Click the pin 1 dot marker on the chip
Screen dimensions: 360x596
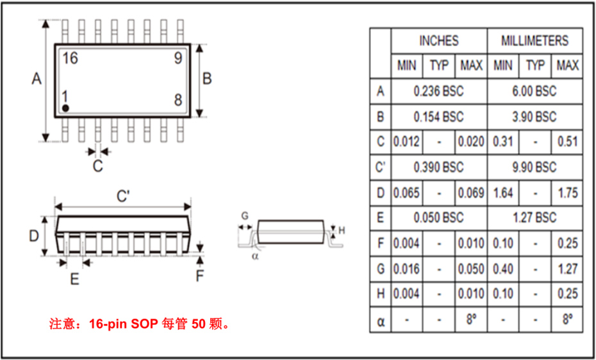[65, 108]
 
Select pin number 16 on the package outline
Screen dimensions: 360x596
[70, 58]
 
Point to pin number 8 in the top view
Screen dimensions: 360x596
[178, 100]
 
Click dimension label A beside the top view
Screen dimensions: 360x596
[37, 79]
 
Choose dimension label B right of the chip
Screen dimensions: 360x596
[207, 79]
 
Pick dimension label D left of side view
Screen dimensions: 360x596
[34, 236]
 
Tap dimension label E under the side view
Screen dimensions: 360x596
[74, 279]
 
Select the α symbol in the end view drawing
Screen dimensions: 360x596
[254, 256]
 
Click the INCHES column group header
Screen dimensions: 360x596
[438, 41]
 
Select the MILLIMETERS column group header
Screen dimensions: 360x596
[534, 41]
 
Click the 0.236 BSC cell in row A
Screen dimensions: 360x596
[438, 92]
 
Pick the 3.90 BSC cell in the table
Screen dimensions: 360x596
[534, 117]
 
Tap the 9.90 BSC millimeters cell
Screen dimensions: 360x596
[534, 167]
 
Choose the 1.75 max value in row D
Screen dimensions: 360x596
[567, 193]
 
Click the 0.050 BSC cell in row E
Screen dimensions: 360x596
[438, 218]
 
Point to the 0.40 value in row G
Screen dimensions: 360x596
[503, 269]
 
